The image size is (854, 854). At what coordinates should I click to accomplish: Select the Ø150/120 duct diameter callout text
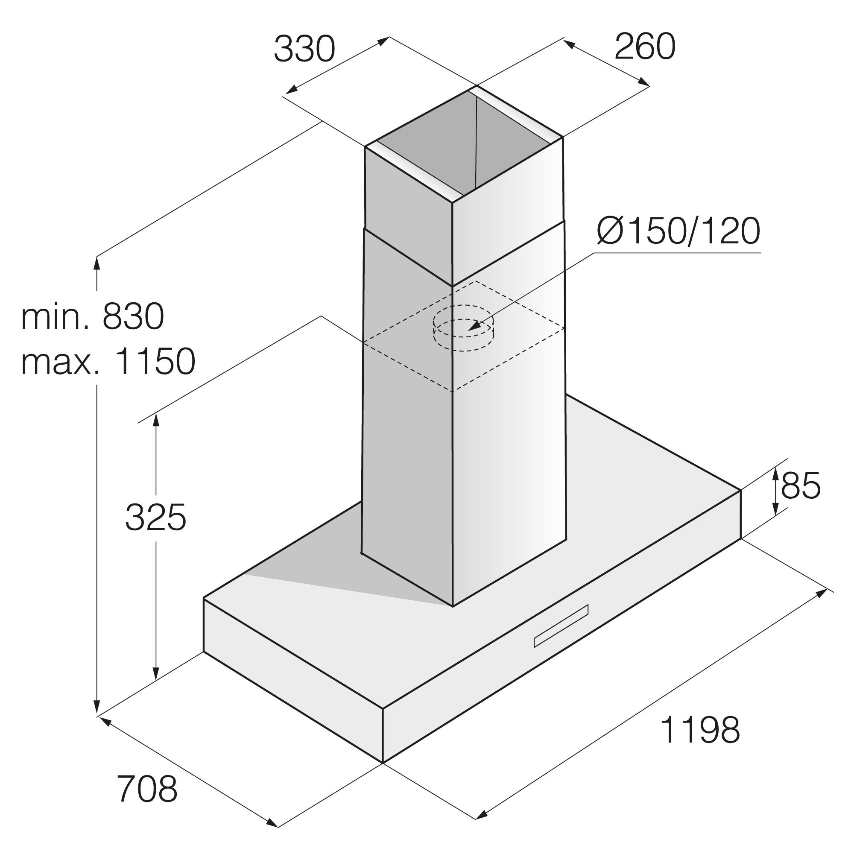[x=679, y=231]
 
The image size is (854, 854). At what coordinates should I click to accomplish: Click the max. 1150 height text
[x=108, y=361]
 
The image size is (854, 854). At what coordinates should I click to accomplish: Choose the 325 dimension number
[x=155, y=518]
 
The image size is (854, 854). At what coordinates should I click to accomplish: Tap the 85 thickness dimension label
[x=801, y=485]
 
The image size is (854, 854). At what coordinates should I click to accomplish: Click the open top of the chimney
[x=464, y=146]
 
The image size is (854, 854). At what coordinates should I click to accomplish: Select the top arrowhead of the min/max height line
[x=97, y=263]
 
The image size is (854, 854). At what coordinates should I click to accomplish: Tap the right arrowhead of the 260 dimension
[x=643, y=82]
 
